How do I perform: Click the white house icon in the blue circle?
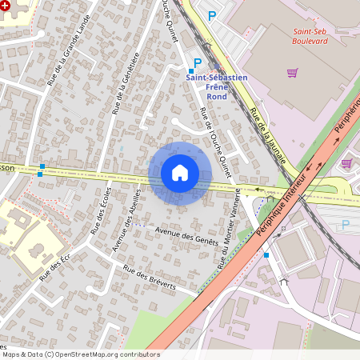click(x=180, y=173)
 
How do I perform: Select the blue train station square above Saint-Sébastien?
click(x=191, y=71)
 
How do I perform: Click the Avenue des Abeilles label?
click(x=128, y=219)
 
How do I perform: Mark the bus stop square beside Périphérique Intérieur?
click(x=266, y=254)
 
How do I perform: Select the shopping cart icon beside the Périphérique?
click(x=346, y=163)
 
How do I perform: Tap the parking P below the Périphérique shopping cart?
click(x=346, y=225)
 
